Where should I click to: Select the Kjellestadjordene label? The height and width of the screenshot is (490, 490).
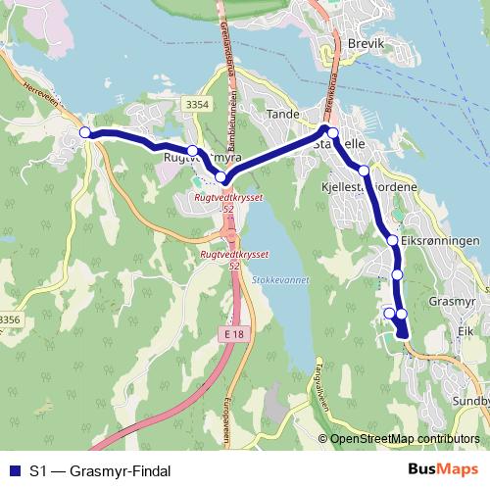(x=368, y=186)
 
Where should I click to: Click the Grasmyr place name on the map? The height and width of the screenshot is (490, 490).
(x=452, y=304)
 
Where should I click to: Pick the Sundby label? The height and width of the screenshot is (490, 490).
(x=470, y=373)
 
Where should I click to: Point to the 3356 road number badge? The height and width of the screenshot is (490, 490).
(x=10, y=319)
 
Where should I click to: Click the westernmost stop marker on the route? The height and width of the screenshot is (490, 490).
(x=85, y=132)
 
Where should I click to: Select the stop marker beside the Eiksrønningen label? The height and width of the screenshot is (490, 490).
(x=392, y=240)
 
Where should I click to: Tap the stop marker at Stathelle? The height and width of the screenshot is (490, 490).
(x=331, y=133)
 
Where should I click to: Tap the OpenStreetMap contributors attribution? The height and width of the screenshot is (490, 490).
(x=404, y=440)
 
